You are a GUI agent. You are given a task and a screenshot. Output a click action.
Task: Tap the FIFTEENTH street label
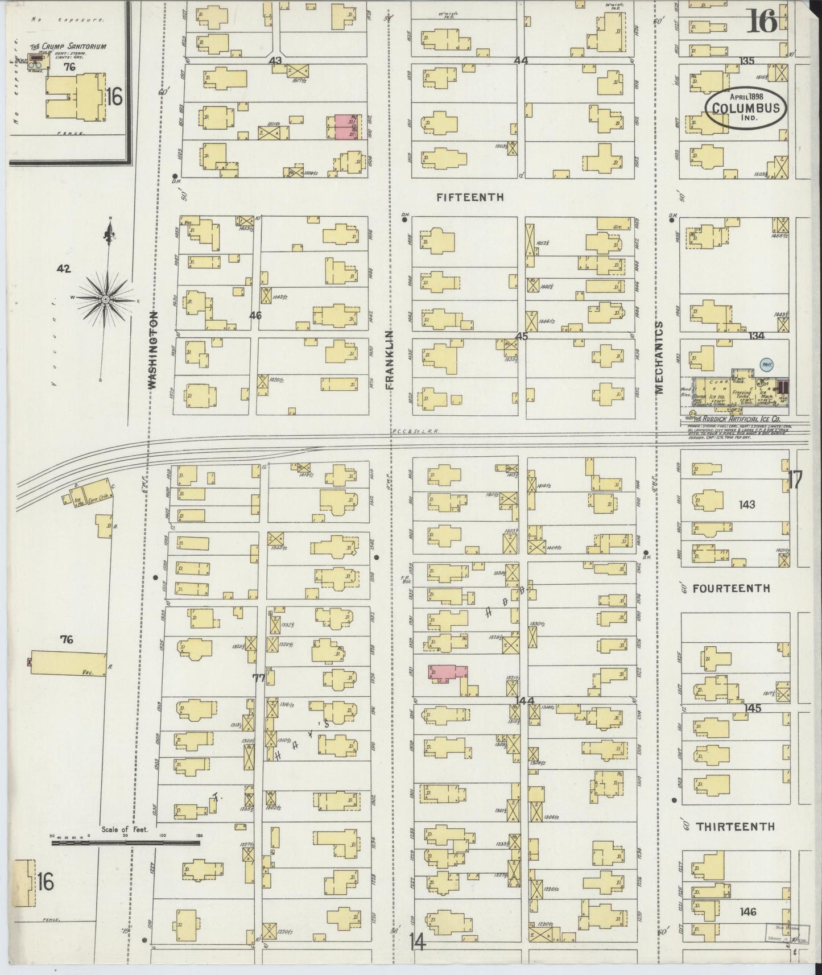470,197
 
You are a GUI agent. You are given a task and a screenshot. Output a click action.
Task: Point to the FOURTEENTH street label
731,588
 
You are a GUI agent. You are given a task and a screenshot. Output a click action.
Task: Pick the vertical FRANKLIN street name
390,360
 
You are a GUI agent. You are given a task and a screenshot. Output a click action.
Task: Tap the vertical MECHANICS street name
660,357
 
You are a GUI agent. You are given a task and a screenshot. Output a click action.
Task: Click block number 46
255,315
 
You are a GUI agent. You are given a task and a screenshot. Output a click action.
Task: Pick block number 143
746,505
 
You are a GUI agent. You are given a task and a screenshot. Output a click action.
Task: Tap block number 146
747,912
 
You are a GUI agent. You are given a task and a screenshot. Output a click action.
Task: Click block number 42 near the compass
64,268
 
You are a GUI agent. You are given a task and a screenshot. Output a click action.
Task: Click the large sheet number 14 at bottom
416,942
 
